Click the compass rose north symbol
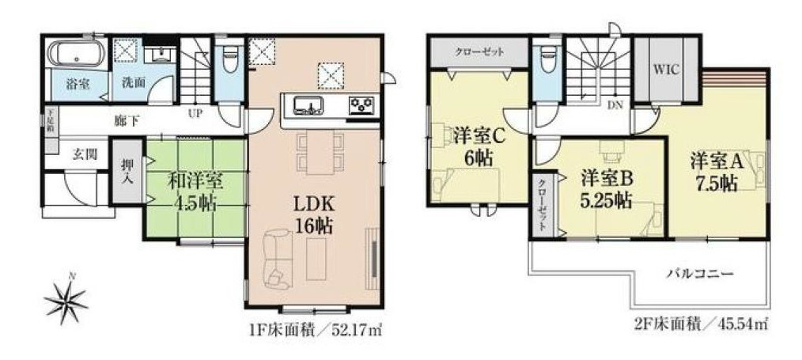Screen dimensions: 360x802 click(66, 297)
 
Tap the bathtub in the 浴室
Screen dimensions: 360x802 click(75, 55)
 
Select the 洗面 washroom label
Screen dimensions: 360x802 click(132, 84)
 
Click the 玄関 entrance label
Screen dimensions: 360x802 click(85, 153)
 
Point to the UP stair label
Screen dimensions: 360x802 click(195, 114)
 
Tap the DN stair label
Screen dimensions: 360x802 click(614, 104)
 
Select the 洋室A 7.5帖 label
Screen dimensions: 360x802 click(716, 171)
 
